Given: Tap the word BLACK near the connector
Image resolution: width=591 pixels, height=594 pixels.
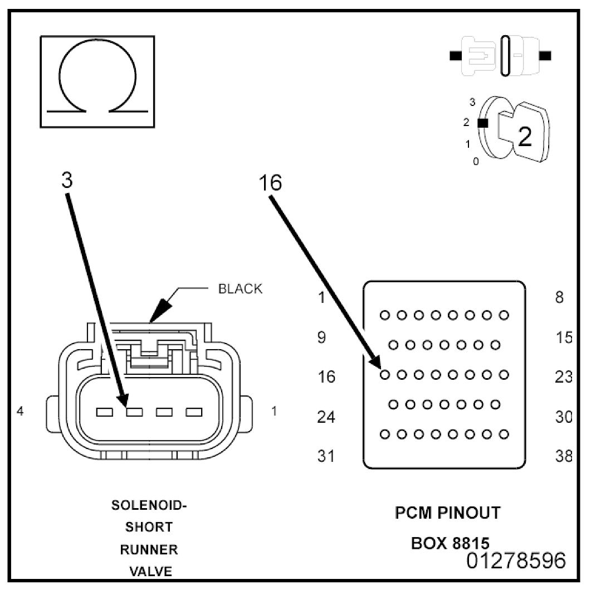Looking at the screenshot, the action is [x=240, y=289].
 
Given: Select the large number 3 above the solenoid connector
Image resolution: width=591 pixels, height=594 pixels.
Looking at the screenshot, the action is [x=67, y=180].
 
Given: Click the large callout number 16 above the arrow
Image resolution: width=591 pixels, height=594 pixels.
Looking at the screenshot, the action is [x=270, y=182].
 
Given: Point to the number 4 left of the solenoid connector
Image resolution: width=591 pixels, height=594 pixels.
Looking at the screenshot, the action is [x=20, y=411].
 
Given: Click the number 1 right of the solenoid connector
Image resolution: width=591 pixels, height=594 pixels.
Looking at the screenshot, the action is [x=274, y=411].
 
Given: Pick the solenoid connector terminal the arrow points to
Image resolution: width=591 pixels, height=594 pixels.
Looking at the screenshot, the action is [x=134, y=412].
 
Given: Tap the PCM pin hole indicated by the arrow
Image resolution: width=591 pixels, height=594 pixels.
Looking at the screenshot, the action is [x=385, y=375].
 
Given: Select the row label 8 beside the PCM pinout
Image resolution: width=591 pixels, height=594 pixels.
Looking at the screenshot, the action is [x=560, y=297].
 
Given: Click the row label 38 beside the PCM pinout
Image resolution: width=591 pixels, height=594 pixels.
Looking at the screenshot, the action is [x=564, y=456].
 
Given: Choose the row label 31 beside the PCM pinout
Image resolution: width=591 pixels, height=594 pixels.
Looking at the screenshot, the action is [x=326, y=456].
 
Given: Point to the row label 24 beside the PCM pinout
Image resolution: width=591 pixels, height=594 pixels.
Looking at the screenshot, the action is [x=326, y=417].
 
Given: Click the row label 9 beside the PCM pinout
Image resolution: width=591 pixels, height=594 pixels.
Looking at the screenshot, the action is [x=321, y=337].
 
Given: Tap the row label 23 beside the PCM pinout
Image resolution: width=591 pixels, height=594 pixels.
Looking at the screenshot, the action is [x=564, y=377].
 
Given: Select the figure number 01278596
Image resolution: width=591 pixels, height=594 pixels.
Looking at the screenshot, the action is [x=516, y=561].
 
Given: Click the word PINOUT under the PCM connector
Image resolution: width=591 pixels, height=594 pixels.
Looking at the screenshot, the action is [x=469, y=513].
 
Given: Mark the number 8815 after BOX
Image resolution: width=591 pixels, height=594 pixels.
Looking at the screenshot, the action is [x=471, y=543].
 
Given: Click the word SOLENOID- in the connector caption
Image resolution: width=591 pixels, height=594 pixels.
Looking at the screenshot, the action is [x=149, y=505].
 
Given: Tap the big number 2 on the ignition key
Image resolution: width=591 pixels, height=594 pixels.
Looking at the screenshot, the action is [x=524, y=137].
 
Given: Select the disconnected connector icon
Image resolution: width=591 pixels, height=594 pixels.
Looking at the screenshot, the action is [x=500, y=56].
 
